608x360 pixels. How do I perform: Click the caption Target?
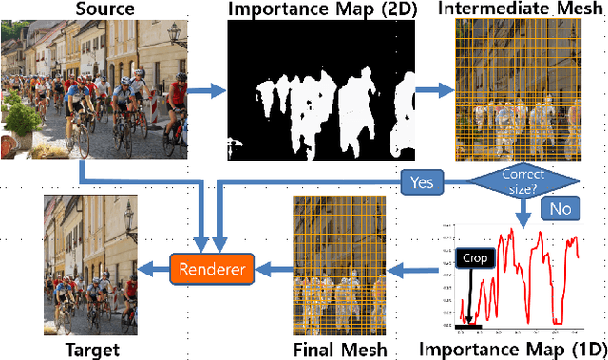(x=91, y=350)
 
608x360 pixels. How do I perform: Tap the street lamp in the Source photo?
(x=175, y=35)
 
